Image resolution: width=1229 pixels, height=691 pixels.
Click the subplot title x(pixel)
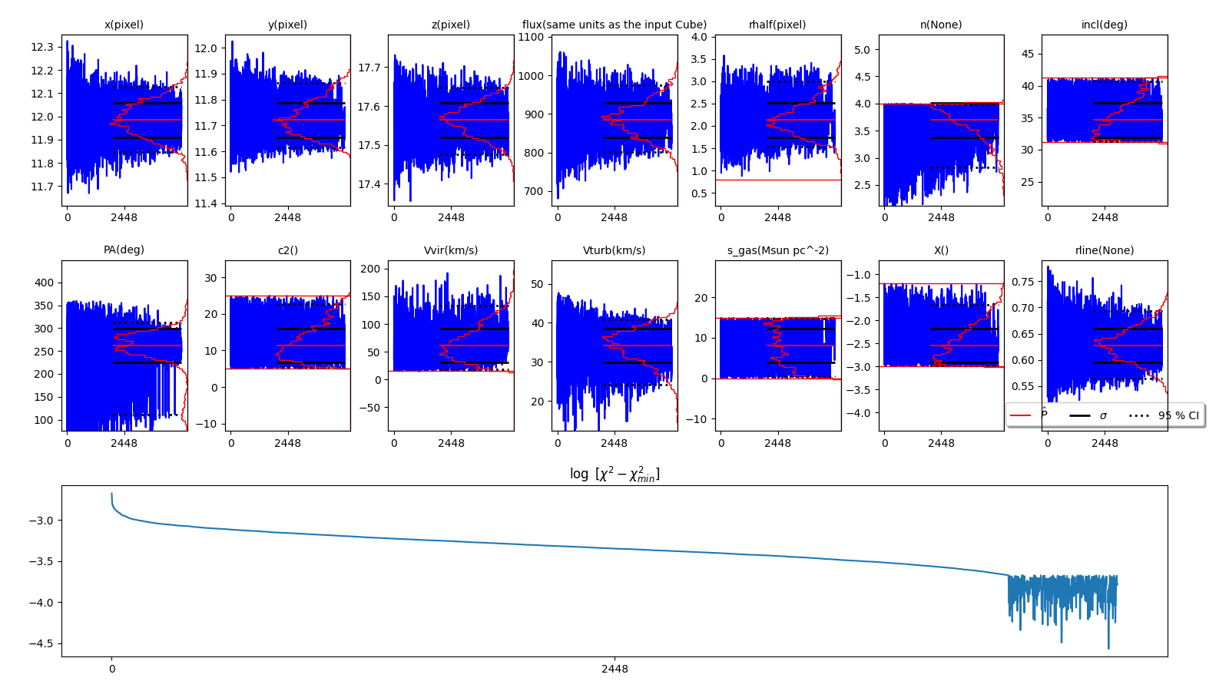(124, 25)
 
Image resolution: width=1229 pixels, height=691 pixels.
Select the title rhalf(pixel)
(777, 25)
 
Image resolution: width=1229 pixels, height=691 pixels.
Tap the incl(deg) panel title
(1104, 25)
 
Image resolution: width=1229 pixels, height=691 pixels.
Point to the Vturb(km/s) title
(614, 250)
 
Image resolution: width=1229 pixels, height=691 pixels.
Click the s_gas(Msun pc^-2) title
(777, 250)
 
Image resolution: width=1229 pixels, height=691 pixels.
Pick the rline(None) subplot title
(1104, 250)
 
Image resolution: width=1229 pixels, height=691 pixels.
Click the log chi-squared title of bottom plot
(614, 474)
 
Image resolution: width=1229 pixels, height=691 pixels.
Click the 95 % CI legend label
(1178, 415)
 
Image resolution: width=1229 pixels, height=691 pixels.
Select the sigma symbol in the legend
(1103, 415)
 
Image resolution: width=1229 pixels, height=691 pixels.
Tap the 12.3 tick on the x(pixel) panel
(42, 47)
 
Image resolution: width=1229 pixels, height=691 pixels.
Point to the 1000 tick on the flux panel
(532, 75)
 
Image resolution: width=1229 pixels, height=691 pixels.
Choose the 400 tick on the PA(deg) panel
(44, 283)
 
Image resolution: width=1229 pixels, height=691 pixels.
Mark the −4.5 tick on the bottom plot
(38, 643)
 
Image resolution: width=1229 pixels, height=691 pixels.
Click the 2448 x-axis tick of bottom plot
(614, 669)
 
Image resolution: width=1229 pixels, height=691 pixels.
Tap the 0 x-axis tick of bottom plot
(112, 669)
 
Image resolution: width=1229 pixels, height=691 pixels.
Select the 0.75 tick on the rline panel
(1022, 282)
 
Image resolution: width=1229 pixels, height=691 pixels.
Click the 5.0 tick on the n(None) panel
(862, 50)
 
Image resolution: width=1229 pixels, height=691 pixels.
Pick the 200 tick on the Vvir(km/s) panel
(371, 269)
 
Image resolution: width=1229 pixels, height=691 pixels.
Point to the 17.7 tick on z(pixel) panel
(369, 68)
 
